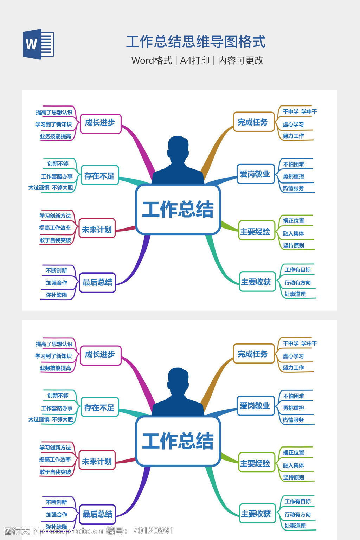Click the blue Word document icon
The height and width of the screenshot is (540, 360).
coord(39,44)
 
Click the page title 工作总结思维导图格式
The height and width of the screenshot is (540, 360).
coord(196,42)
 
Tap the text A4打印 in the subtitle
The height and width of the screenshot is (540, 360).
coord(195,60)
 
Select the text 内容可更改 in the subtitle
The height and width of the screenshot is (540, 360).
coord(240,60)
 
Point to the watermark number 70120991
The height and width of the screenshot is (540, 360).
coord(153,531)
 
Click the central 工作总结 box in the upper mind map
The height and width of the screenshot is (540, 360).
coord(178,210)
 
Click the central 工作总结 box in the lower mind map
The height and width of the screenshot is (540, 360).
coord(178,441)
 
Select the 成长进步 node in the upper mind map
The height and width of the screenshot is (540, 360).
coord(100,123)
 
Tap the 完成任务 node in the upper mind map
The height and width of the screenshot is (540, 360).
coord(253,122)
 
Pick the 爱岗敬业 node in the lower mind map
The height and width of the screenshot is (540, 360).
coord(255,406)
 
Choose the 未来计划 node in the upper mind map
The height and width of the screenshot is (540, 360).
coord(97,230)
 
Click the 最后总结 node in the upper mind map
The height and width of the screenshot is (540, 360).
coord(97,282)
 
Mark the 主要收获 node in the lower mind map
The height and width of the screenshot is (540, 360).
coord(256,514)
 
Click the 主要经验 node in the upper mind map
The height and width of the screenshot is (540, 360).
coord(256,232)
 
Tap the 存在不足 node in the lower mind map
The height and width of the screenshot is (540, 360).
coord(99,408)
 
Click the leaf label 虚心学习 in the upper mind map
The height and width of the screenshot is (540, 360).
coord(293,124)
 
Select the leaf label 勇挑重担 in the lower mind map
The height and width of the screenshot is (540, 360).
coord(294,408)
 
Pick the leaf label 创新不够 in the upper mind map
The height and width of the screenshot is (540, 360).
coord(58,163)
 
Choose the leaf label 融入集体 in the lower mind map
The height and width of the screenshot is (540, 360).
coord(294,465)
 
